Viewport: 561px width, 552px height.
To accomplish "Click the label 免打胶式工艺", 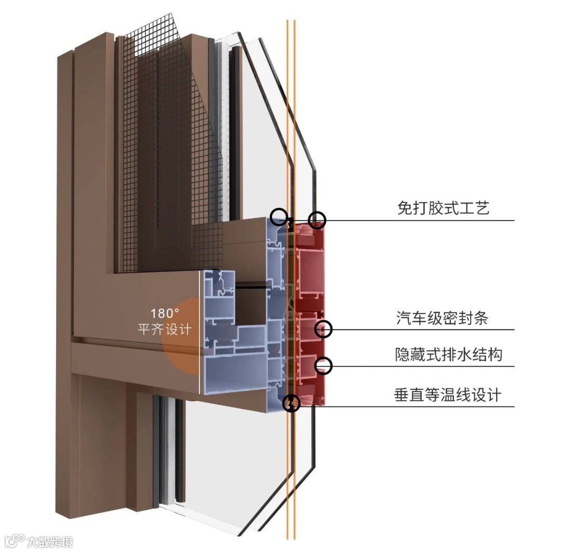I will click(443, 208).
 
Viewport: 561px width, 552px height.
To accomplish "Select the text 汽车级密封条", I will click(443, 318).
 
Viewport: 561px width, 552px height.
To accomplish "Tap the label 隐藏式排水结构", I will click(449, 354).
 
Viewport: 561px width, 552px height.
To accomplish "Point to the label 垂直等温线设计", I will click(448, 395).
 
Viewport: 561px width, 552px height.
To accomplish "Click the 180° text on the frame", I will click(165, 314).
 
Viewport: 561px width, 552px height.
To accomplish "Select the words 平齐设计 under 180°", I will click(165, 329).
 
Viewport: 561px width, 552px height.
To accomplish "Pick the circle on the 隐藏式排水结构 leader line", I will click(324, 365).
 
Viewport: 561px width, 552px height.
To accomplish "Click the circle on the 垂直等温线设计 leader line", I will click(292, 403).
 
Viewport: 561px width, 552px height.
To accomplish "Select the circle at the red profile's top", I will click(317, 220).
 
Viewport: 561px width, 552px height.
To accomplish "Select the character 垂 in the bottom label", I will click(402, 395).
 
